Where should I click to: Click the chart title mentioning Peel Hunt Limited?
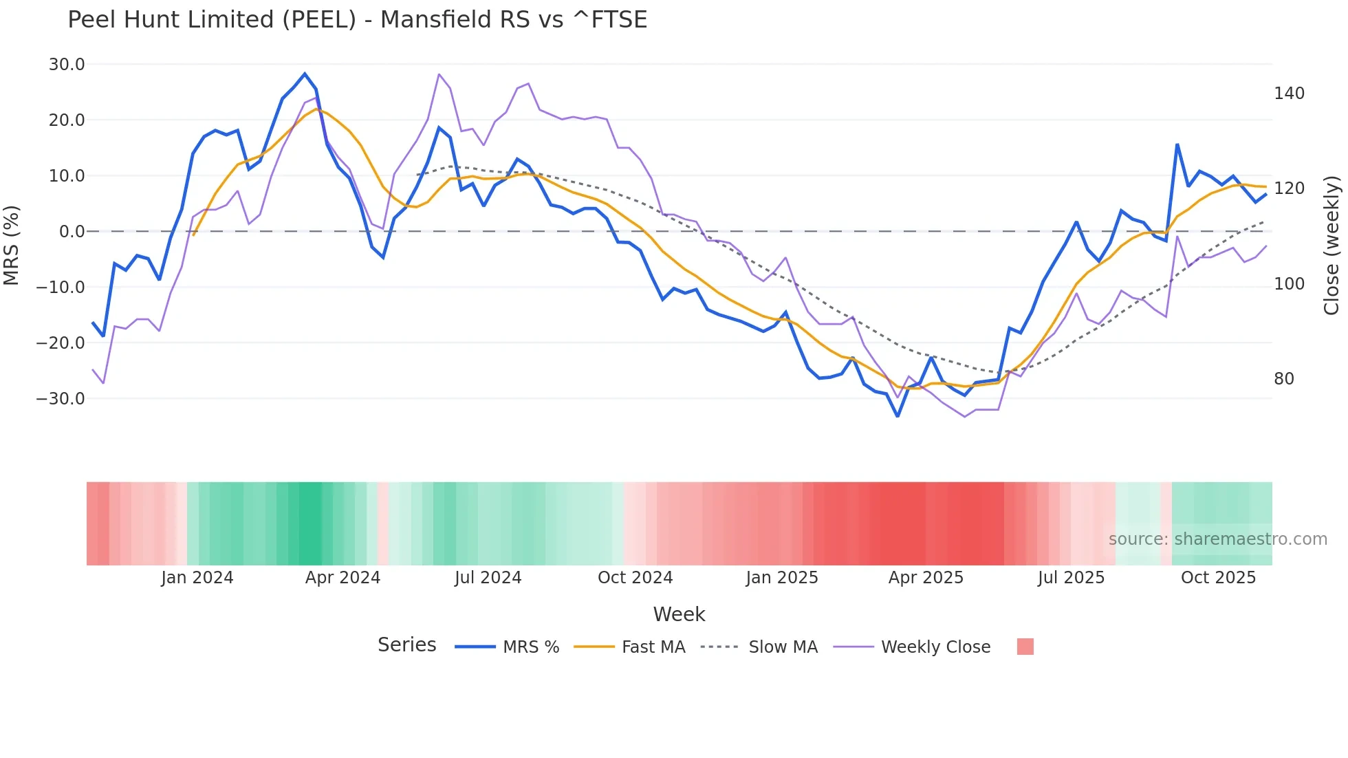pyautogui.click(x=357, y=20)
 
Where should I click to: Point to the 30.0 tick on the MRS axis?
pyautogui.click(x=67, y=65)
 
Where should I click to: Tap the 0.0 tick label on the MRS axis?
pyautogui.click(x=72, y=232)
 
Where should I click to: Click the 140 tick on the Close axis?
pyautogui.click(x=1289, y=94)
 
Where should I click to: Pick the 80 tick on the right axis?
pyautogui.click(x=1284, y=379)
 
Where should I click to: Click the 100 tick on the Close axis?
pyautogui.click(x=1289, y=284)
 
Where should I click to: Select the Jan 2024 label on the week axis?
pyautogui.click(x=197, y=578)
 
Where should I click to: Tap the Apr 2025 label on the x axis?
pyautogui.click(x=926, y=578)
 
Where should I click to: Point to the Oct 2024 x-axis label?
pyautogui.click(x=635, y=578)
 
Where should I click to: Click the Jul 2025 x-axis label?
pyautogui.click(x=1071, y=578)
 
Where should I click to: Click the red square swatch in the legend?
pyautogui.click(x=1025, y=647)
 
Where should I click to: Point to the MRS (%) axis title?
pyautogui.click(x=12, y=245)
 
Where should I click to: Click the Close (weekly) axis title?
pyautogui.click(x=1331, y=246)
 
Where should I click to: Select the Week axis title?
pyautogui.click(x=679, y=614)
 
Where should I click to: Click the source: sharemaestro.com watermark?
pyautogui.click(x=1217, y=539)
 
